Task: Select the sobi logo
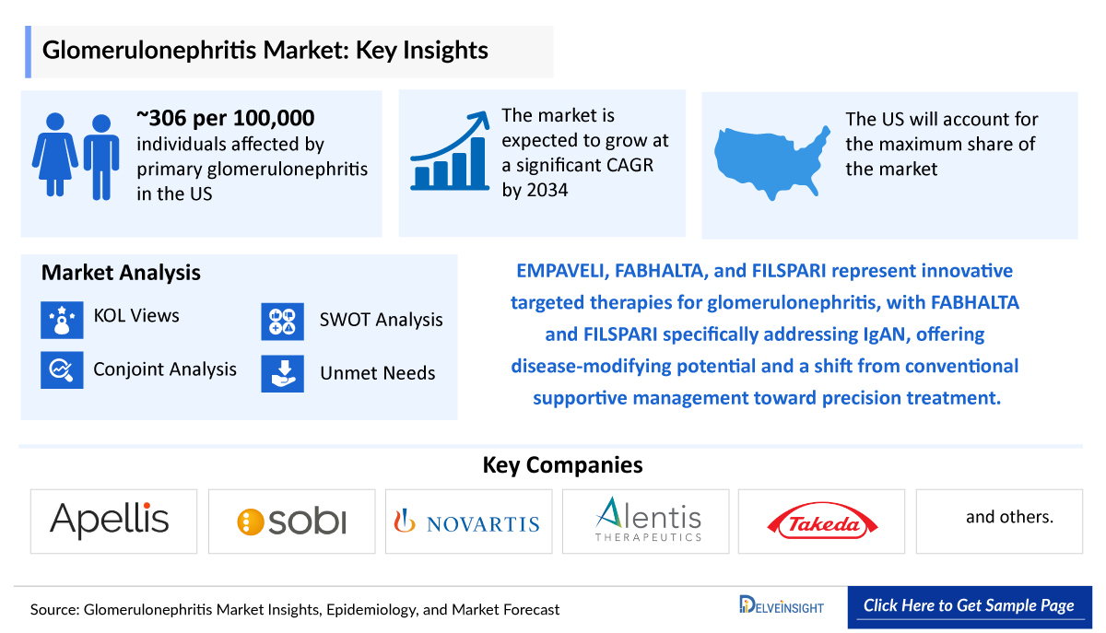291,522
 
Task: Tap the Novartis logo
467,522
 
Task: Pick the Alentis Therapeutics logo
647,520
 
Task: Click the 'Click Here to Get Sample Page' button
969,606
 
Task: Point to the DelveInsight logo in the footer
781,606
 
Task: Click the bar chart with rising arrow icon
451,152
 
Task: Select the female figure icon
55,154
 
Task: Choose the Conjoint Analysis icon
63,370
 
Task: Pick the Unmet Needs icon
282,373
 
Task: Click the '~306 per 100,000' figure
226,118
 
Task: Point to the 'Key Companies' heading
562,465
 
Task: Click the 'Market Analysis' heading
121,273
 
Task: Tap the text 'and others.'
1009,517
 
